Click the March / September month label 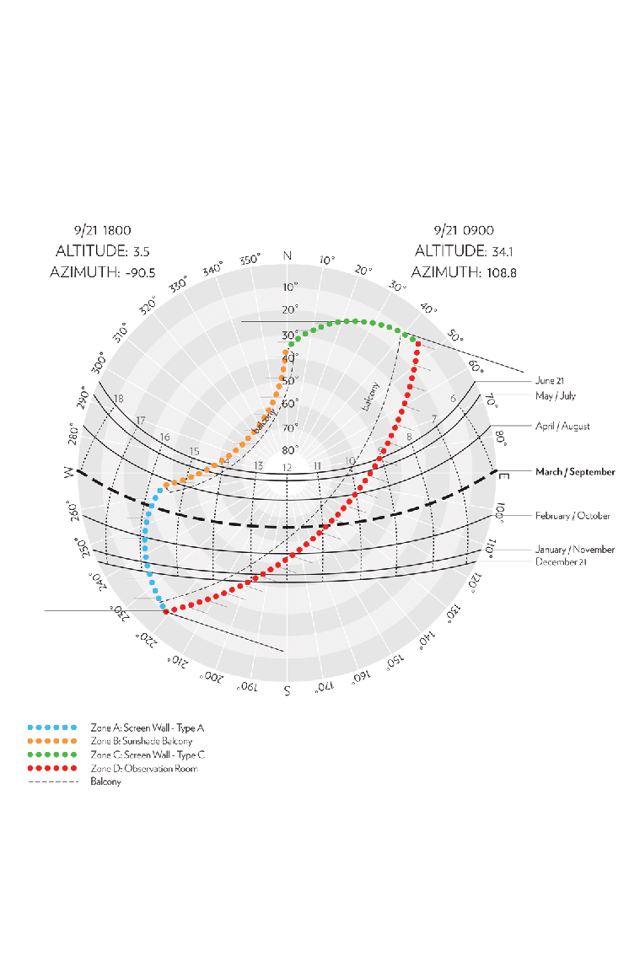tap(575, 472)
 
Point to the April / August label tap(562, 426)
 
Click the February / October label tap(573, 515)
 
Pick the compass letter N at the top tap(288, 256)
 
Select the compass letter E tap(504, 476)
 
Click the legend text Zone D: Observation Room tap(143, 769)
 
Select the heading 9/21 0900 tap(464, 229)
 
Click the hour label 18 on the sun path tap(119, 399)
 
